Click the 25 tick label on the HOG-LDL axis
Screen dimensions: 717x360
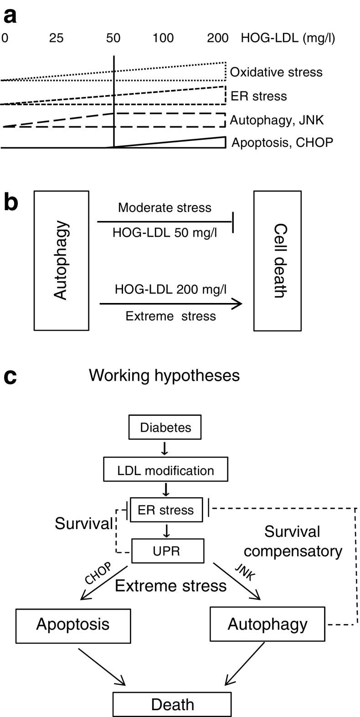coord(56,38)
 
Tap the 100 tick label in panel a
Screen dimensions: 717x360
coord(163,38)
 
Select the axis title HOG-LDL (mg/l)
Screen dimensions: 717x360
coord(288,38)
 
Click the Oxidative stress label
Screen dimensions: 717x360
coord(276,72)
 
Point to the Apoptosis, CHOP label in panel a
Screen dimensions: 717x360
coord(282,143)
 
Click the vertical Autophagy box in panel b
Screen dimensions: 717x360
coord(61,260)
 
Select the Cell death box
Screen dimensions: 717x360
coord(277,260)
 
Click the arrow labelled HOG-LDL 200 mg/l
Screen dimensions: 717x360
coord(171,304)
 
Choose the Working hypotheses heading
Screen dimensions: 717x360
coord(164,375)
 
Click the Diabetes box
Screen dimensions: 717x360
coord(165,428)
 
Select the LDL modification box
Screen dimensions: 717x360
coord(165,470)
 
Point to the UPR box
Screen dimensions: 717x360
coord(166,551)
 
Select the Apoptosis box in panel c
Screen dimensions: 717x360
coord(73,626)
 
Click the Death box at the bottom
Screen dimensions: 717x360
coord(172,705)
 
